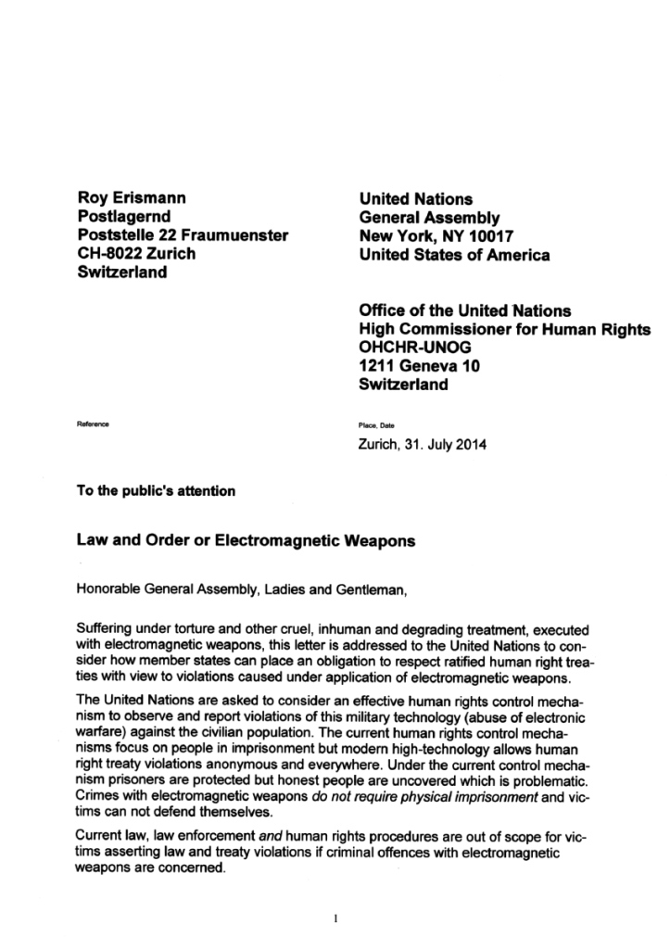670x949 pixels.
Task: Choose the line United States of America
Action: pos(454,254)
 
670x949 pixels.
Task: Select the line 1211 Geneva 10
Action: pos(420,366)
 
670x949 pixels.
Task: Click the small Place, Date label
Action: pos(376,425)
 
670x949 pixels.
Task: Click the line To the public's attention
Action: pos(156,491)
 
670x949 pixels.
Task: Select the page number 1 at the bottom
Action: pos(335,918)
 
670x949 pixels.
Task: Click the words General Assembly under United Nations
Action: pos(429,218)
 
